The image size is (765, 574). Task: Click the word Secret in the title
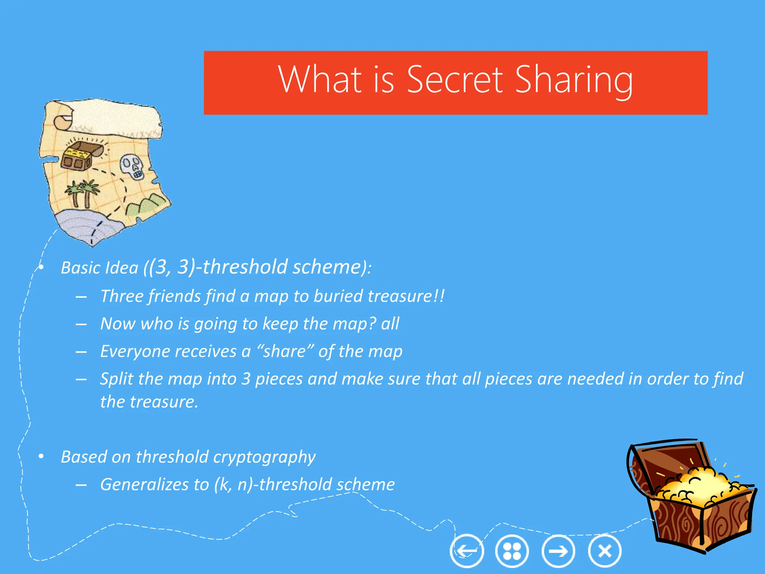click(x=455, y=79)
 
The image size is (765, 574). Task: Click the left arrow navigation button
click(x=467, y=551)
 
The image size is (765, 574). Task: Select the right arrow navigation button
click(x=558, y=551)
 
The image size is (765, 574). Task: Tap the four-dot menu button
click(x=512, y=551)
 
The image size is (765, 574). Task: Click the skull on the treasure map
click(x=132, y=167)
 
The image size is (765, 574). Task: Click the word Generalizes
click(x=144, y=485)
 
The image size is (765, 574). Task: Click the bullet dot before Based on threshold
click(x=41, y=456)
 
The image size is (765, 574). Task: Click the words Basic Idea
click(x=99, y=268)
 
